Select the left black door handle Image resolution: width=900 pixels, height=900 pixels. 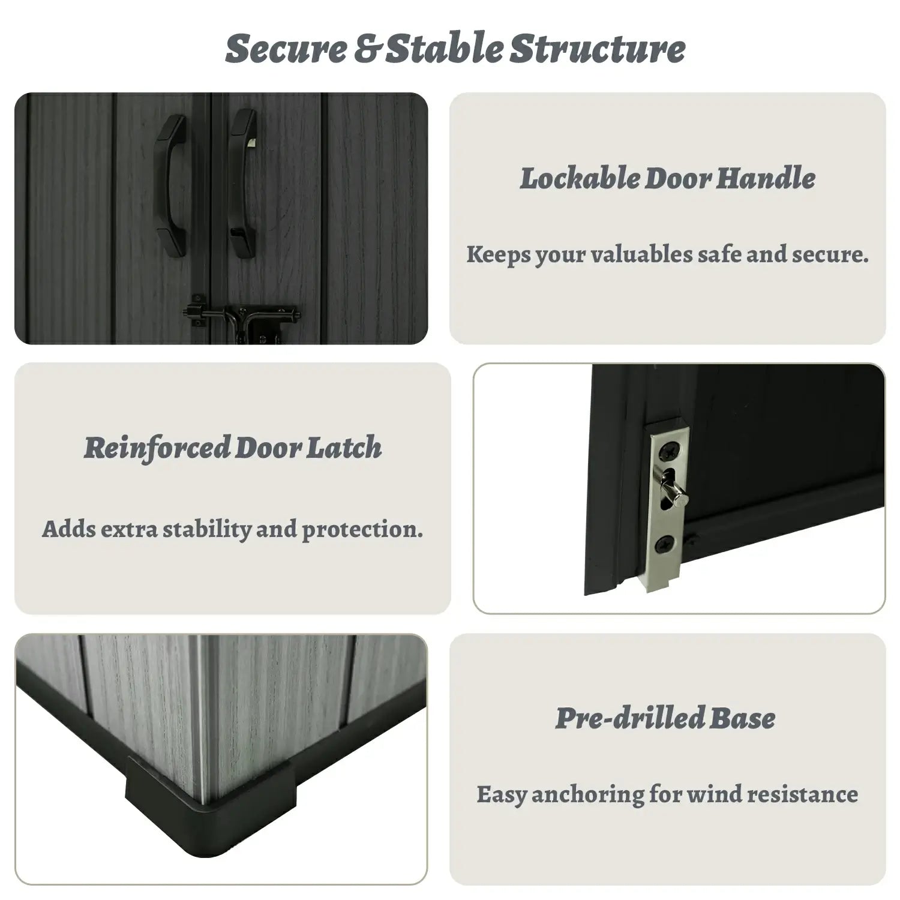click(x=171, y=186)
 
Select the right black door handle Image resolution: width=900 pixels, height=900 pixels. click(x=243, y=184)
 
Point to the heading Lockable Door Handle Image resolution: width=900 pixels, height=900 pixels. click(x=668, y=178)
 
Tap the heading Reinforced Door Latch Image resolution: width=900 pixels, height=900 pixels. click(x=233, y=448)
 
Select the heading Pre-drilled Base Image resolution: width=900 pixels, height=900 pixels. click(x=665, y=718)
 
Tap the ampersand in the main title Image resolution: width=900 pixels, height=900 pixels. click(x=366, y=49)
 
